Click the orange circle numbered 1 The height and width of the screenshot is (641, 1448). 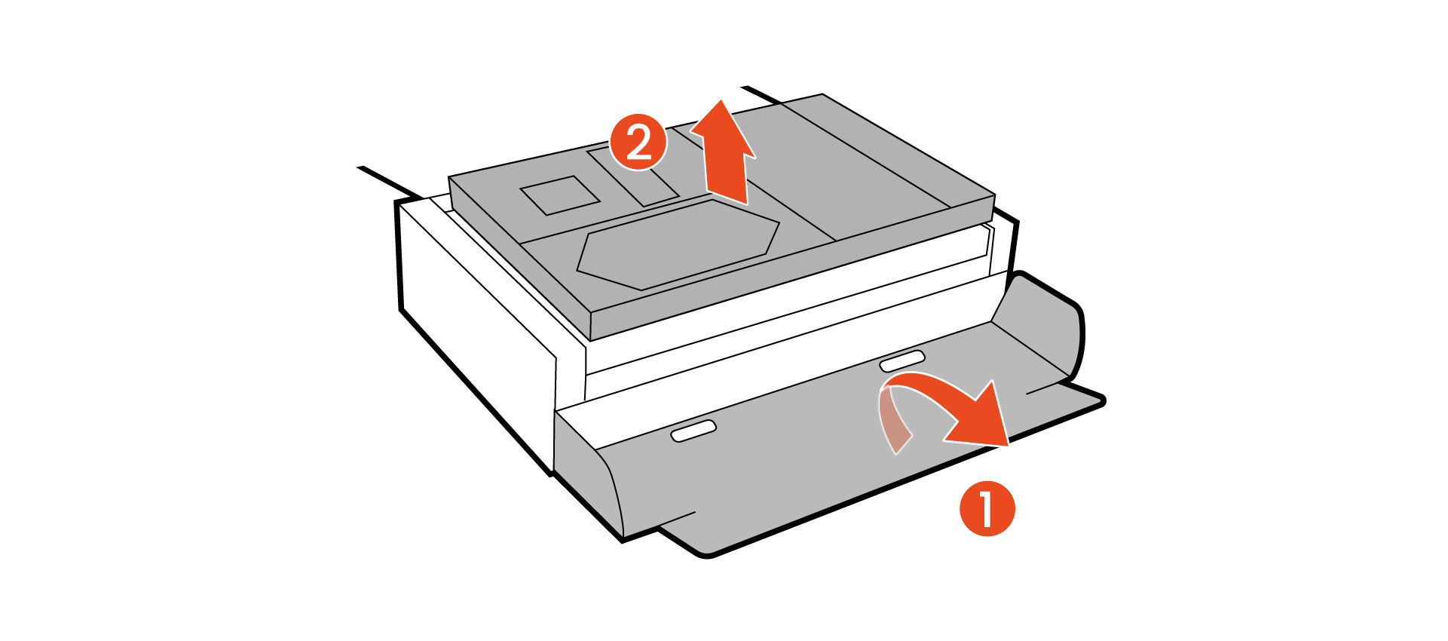coord(987,508)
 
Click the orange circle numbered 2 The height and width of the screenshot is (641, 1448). coord(638,142)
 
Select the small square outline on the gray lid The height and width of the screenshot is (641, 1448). coord(559,195)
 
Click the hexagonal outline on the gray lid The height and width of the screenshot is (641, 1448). coord(678,244)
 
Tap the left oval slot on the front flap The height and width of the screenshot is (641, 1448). coord(693,431)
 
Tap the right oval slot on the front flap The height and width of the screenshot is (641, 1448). coord(902,360)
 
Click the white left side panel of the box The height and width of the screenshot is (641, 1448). coord(482,317)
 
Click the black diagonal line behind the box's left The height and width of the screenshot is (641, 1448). coord(388,181)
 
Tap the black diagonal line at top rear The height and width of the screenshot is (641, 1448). coord(761,95)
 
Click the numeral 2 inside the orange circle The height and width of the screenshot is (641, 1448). coord(638,142)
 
